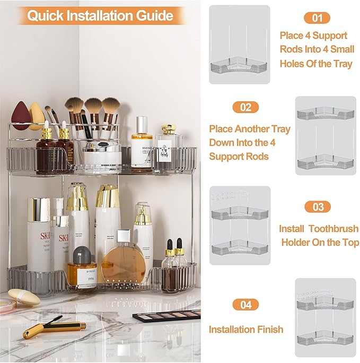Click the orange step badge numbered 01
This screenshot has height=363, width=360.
point(317,18)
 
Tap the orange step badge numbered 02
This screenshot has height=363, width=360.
point(245,107)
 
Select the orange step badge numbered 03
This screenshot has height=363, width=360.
point(318,207)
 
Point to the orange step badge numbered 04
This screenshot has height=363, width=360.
point(245,305)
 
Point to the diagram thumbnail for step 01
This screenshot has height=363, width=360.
point(239,45)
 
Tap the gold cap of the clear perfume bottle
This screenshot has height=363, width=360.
point(169,129)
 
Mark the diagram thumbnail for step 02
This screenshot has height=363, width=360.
point(325,136)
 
